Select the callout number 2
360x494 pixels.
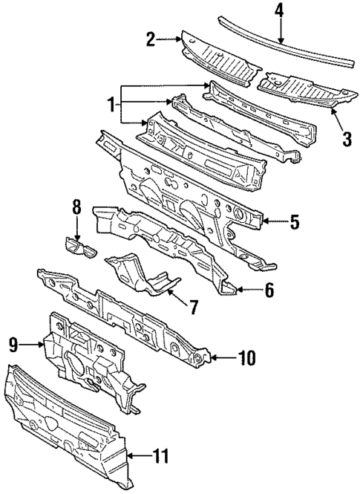click(151, 39)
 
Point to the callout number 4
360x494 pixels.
click(279, 11)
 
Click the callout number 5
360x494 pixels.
click(293, 221)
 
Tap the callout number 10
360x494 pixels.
click(246, 359)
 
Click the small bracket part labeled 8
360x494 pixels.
click(80, 247)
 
